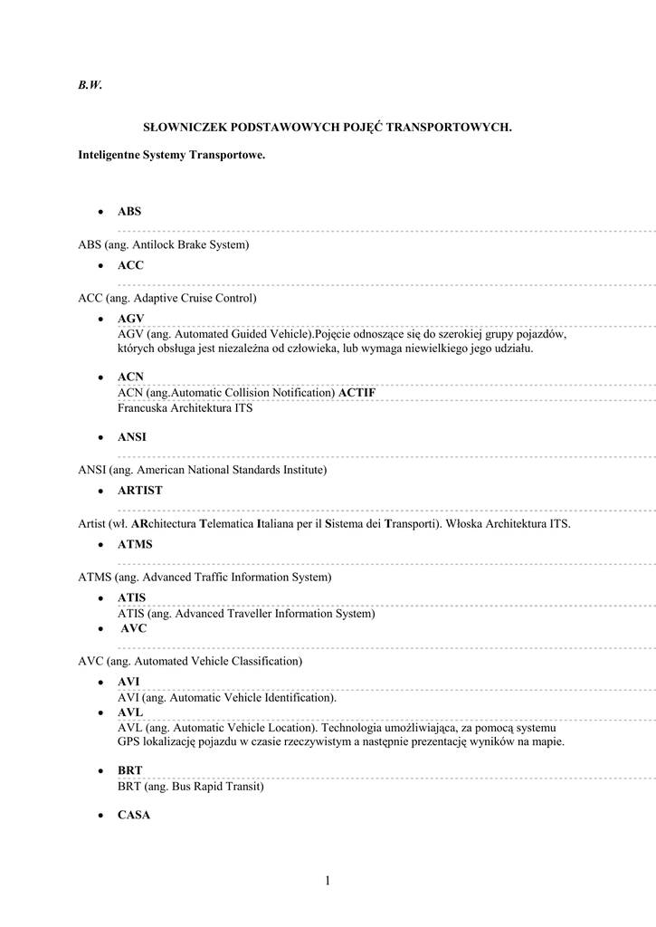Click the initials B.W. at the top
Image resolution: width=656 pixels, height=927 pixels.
click(x=90, y=86)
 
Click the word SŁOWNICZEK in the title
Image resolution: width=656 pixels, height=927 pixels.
click(x=191, y=129)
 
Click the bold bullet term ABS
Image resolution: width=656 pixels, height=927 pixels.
click(x=129, y=212)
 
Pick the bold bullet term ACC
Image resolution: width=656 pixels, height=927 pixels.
click(x=130, y=265)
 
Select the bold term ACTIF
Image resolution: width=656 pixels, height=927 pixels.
click(x=357, y=393)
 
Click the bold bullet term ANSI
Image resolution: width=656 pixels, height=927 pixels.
click(x=132, y=436)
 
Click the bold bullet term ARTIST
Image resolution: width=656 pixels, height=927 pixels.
click(x=140, y=491)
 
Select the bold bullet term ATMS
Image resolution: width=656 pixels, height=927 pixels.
click(x=135, y=545)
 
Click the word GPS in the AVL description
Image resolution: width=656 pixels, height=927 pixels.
click(x=130, y=741)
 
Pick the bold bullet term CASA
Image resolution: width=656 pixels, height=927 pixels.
click(x=134, y=815)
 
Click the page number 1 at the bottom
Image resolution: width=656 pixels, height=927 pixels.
click(x=328, y=880)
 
